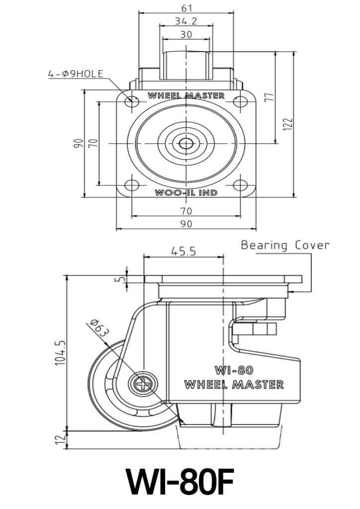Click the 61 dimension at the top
[186, 7]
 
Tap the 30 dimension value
[186, 34]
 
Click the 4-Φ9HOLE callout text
[76, 74]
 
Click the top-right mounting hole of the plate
[240, 101]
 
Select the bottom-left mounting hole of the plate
[132, 186]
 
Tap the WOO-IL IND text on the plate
[186, 192]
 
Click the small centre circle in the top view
[186, 144]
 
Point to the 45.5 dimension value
[183, 252]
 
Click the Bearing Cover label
[285, 245]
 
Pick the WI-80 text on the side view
[234, 370]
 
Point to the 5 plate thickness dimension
[118, 278]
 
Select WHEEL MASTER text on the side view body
[234, 384]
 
